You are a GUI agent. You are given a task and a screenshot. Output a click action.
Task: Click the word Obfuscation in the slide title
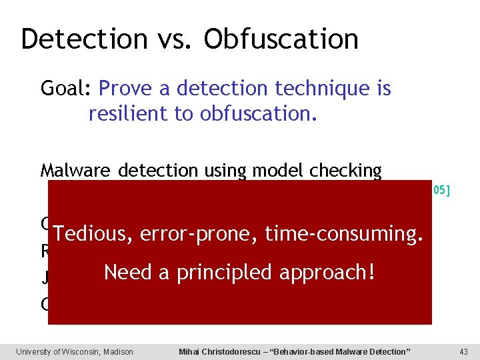click(x=281, y=39)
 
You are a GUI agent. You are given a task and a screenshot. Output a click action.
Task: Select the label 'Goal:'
click(x=67, y=88)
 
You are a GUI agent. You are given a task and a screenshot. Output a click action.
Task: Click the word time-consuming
click(x=343, y=234)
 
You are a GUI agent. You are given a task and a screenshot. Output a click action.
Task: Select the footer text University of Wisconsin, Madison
click(x=75, y=351)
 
